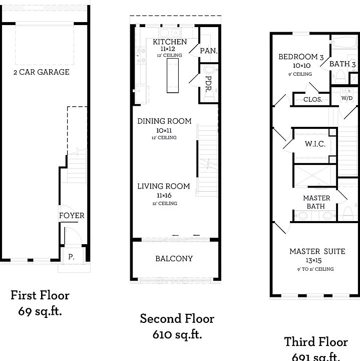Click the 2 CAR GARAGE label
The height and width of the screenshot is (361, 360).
coord(41,72)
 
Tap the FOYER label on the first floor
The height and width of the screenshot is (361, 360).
coord(72,216)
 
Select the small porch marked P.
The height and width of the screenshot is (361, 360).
coord(71,257)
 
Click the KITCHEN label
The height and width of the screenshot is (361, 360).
coord(170,42)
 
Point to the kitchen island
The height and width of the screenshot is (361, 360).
coord(173,75)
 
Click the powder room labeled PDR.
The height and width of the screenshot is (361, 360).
coord(209,82)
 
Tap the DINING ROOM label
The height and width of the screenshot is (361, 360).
coord(164,121)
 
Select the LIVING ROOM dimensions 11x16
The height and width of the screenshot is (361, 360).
coord(164,195)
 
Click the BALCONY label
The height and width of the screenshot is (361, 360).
coord(174,259)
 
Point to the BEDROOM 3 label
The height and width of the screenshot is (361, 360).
coord(302,57)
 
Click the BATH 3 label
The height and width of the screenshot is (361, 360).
coord(342,64)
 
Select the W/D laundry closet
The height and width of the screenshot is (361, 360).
coord(346,98)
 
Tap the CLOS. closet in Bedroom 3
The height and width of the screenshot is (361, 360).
coord(312,99)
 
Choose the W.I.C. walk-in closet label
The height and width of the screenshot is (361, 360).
coord(315,144)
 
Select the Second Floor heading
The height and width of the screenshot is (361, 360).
coord(177,318)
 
